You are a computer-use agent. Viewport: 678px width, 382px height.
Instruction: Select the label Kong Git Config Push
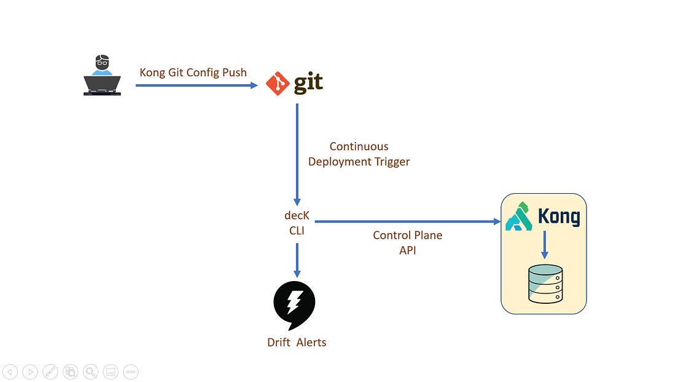(193, 73)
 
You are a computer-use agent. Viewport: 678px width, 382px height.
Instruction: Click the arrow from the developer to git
(196, 86)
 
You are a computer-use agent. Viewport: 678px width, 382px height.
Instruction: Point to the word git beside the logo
(308, 84)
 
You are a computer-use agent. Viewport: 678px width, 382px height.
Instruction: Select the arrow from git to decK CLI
(297, 154)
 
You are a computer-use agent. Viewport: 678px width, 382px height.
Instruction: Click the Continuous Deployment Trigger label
(359, 154)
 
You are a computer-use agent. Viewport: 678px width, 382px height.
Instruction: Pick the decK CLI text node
(297, 223)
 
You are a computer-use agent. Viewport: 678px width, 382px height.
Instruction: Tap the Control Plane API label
(407, 242)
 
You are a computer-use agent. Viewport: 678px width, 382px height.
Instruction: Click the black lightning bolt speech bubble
(294, 304)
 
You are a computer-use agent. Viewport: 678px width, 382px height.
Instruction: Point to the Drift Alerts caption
(297, 343)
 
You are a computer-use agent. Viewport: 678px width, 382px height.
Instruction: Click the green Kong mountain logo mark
(518, 217)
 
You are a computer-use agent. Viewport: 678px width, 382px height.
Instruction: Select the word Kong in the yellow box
(558, 217)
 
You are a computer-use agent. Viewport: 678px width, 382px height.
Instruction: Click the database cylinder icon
(545, 284)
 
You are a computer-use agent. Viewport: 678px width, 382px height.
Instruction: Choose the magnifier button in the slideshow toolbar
(90, 372)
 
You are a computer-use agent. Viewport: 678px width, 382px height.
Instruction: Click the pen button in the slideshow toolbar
(50, 372)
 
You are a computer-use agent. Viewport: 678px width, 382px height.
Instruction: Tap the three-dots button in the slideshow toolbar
(131, 372)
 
